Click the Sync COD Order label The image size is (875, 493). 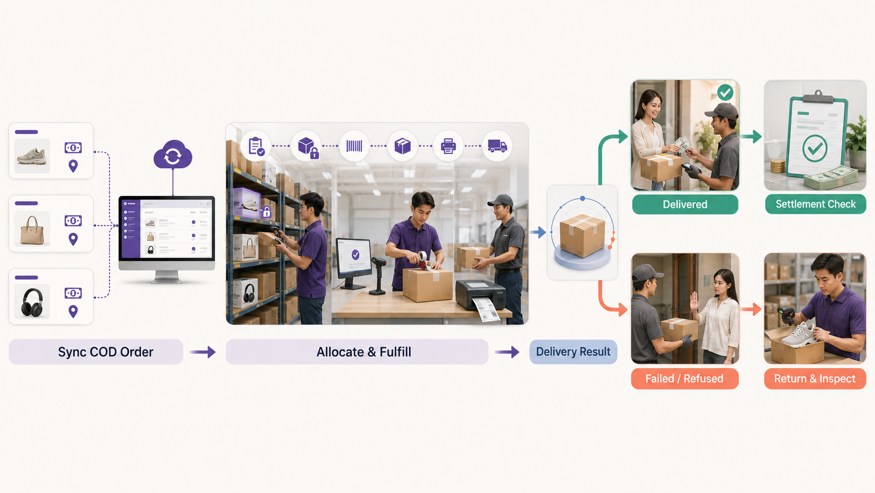click(x=106, y=352)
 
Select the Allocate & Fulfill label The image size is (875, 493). click(x=364, y=352)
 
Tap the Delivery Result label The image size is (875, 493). click(x=573, y=352)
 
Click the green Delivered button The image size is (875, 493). click(x=685, y=204)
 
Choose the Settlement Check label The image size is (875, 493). click(x=816, y=204)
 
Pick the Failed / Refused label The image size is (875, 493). click(x=685, y=378)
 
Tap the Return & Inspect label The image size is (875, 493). click(x=815, y=378)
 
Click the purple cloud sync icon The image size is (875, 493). click(x=173, y=155)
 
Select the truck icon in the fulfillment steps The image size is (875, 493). click(x=497, y=146)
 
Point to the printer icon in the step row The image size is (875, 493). click(x=448, y=146)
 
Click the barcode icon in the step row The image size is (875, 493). click(x=354, y=146)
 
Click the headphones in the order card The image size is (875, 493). click(x=32, y=302)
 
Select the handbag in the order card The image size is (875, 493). click(x=32, y=231)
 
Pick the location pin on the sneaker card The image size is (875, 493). click(x=73, y=166)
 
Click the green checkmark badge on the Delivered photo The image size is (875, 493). click(x=725, y=93)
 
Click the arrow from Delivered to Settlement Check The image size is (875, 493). click(x=751, y=136)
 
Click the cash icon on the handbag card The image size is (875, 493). click(x=73, y=221)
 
